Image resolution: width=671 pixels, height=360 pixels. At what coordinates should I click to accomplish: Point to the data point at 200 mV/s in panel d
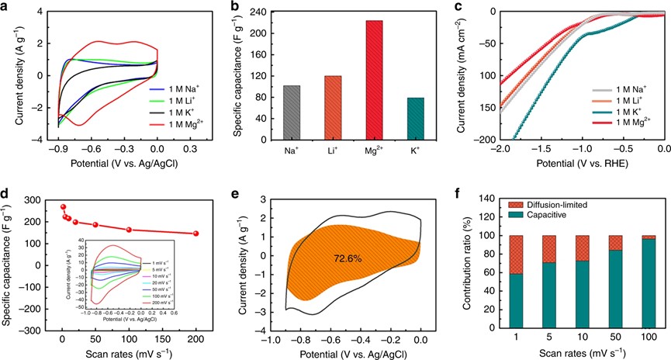[196, 234]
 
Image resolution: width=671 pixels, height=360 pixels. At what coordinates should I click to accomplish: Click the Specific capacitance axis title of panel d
[10, 264]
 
